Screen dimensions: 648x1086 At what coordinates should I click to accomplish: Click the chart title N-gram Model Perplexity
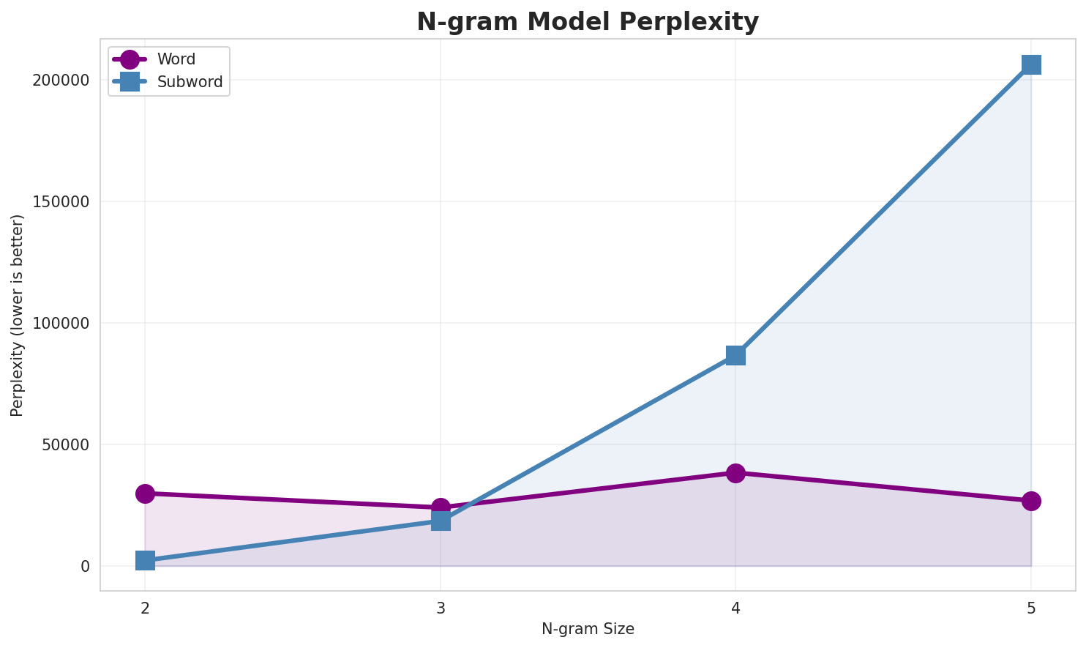[x=588, y=22]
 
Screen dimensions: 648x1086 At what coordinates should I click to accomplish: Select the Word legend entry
[x=176, y=59]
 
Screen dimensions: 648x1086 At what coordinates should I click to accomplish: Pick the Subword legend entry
[x=190, y=82]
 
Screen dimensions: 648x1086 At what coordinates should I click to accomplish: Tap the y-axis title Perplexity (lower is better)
[x=18, y=315]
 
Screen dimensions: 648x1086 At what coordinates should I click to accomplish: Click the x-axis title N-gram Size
[x=588, y=629]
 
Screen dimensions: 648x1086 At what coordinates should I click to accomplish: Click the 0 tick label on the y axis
[x=85, y=566]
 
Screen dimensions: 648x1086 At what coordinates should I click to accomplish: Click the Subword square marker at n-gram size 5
[x=1031, y=64]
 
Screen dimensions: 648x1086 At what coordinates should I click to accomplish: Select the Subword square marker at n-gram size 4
[x=735, y=355]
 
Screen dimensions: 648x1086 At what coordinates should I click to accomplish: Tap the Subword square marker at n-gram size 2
[x=145, y=561]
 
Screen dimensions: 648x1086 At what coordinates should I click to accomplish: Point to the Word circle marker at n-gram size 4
[x=735, y=473]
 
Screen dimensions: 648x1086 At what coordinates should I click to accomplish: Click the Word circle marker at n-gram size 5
[x=1031, y=501]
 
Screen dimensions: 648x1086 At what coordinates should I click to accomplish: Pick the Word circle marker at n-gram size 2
[x=145, y=494]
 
